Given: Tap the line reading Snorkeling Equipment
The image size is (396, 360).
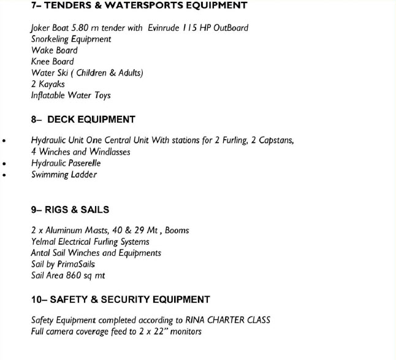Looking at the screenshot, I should (71, 39).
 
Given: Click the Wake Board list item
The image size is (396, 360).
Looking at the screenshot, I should (55, 50).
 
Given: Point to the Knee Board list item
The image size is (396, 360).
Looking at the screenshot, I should (53, 61).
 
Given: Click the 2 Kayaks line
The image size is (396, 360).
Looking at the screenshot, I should (48, 84).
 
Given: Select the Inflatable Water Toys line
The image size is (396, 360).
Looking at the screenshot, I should (71, 96).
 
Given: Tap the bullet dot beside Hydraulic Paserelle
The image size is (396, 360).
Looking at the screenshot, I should (5, 164).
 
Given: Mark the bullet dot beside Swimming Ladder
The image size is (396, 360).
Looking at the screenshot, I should (5, 175).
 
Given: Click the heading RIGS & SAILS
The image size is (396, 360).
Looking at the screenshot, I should (77, 210).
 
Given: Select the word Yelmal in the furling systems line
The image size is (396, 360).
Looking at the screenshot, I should (44, 242).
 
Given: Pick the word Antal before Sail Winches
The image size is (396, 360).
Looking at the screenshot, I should (41, 253).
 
